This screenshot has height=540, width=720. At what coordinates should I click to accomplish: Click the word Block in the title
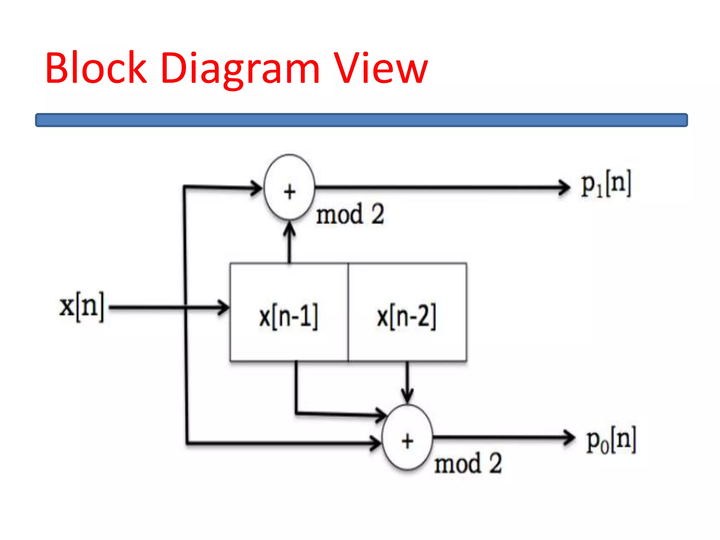(x=96, y=67)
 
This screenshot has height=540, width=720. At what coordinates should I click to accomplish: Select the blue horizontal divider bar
(x=361, y=120)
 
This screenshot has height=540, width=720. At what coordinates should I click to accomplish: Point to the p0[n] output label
(x=611, y=441)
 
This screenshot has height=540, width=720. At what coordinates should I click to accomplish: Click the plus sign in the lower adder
(x=407, y=442)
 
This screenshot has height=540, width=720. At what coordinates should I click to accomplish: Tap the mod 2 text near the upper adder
(x=350, y=214)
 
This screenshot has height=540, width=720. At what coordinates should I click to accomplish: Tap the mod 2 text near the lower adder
(x=468, y=464)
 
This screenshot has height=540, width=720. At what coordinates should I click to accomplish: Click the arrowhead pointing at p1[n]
(x=565, y=188)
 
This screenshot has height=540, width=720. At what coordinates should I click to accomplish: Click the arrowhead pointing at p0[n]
(x=570, y=438)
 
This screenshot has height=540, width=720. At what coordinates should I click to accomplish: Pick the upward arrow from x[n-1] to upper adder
(x=289, y=243)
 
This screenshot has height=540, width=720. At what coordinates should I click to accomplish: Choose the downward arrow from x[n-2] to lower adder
(x=407, y=383)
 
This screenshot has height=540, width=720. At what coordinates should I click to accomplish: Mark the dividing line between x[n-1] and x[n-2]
(x=348, y=312)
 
